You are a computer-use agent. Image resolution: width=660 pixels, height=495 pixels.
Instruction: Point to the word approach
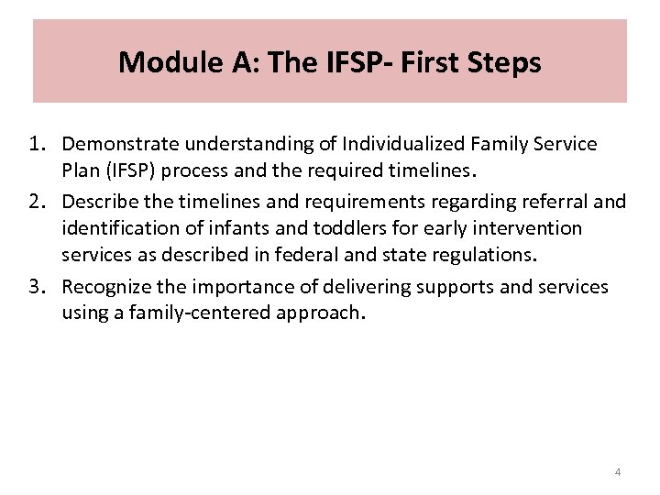click(324, 312)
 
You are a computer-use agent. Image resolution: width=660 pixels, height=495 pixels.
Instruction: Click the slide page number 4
click(618, 472)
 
